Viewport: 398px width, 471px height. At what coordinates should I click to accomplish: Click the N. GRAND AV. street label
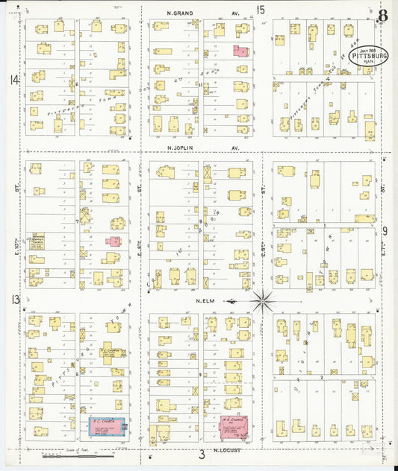click(x=198, y=13)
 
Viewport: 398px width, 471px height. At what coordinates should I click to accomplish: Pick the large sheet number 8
click(x=382, y=16)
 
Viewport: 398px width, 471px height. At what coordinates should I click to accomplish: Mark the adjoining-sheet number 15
click(x=261, y=10)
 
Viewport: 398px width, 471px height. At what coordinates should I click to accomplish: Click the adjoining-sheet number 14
click(x=13, y=80)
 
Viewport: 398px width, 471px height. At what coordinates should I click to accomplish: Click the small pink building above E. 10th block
click(x=114, y=242)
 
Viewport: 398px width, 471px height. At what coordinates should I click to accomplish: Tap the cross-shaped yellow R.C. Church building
click(x=107, y=355)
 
